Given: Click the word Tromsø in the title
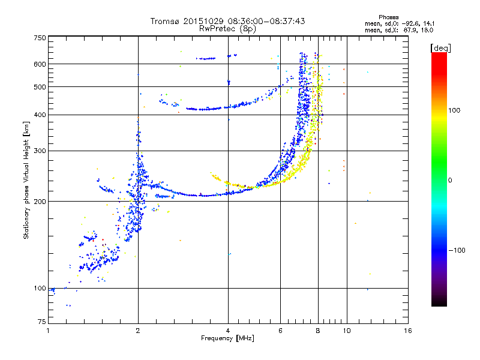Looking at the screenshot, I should [x=165, y=21].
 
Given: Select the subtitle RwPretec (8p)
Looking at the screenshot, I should [x=228, y=28].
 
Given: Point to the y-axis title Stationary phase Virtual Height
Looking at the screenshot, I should [x=26, y=181].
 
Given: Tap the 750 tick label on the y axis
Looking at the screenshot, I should [x=40, y=38].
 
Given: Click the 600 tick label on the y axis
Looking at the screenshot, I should [x=40, y=64].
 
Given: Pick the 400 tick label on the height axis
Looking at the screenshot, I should [x=40, y=115].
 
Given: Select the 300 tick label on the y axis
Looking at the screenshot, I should [x=40, y=151].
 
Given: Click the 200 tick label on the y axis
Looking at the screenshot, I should [x=40, y=201].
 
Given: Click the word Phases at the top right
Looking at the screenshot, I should [x=389, y=17].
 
